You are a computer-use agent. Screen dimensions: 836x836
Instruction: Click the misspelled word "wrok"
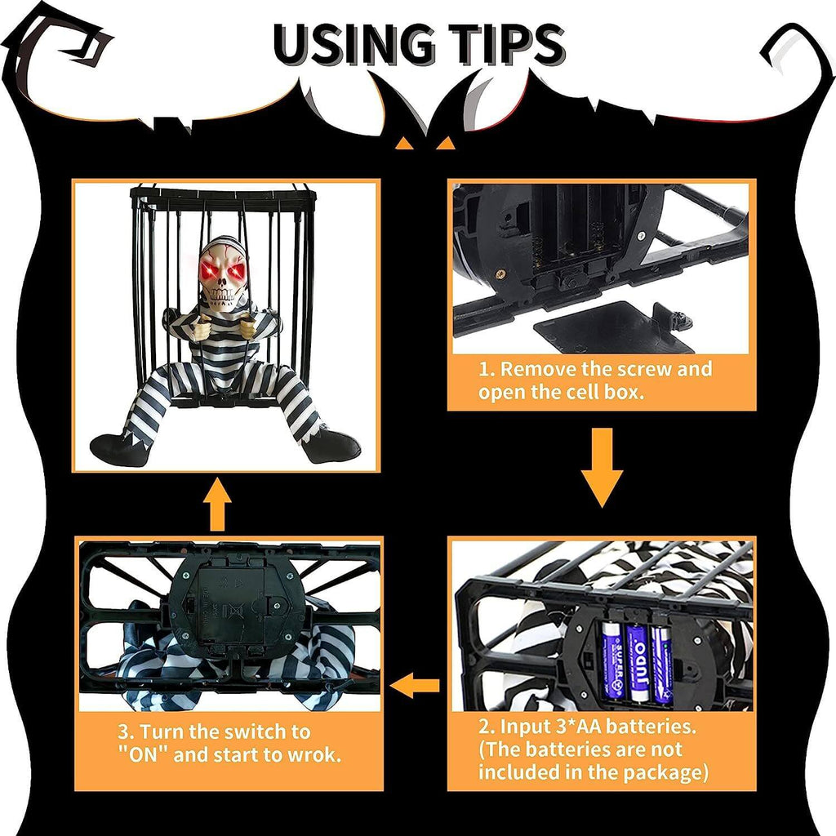pyautogui.click(x=310, y=754)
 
